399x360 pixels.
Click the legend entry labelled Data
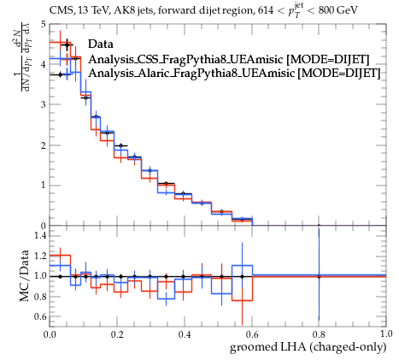101,44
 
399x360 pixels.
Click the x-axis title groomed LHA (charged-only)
308,347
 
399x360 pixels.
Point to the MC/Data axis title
25,275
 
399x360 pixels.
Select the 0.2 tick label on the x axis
117,333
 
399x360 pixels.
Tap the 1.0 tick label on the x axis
386,333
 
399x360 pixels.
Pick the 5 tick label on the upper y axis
43,24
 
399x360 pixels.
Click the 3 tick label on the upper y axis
43,104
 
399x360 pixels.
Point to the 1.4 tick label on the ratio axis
40,235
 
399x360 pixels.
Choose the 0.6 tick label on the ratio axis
40,316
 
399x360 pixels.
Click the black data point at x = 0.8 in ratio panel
319,276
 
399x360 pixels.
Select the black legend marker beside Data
67,44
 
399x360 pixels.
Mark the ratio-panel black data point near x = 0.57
242,276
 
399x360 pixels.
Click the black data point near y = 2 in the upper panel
120,145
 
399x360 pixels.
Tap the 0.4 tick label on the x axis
185,333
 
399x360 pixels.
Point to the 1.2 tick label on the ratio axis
40,256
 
